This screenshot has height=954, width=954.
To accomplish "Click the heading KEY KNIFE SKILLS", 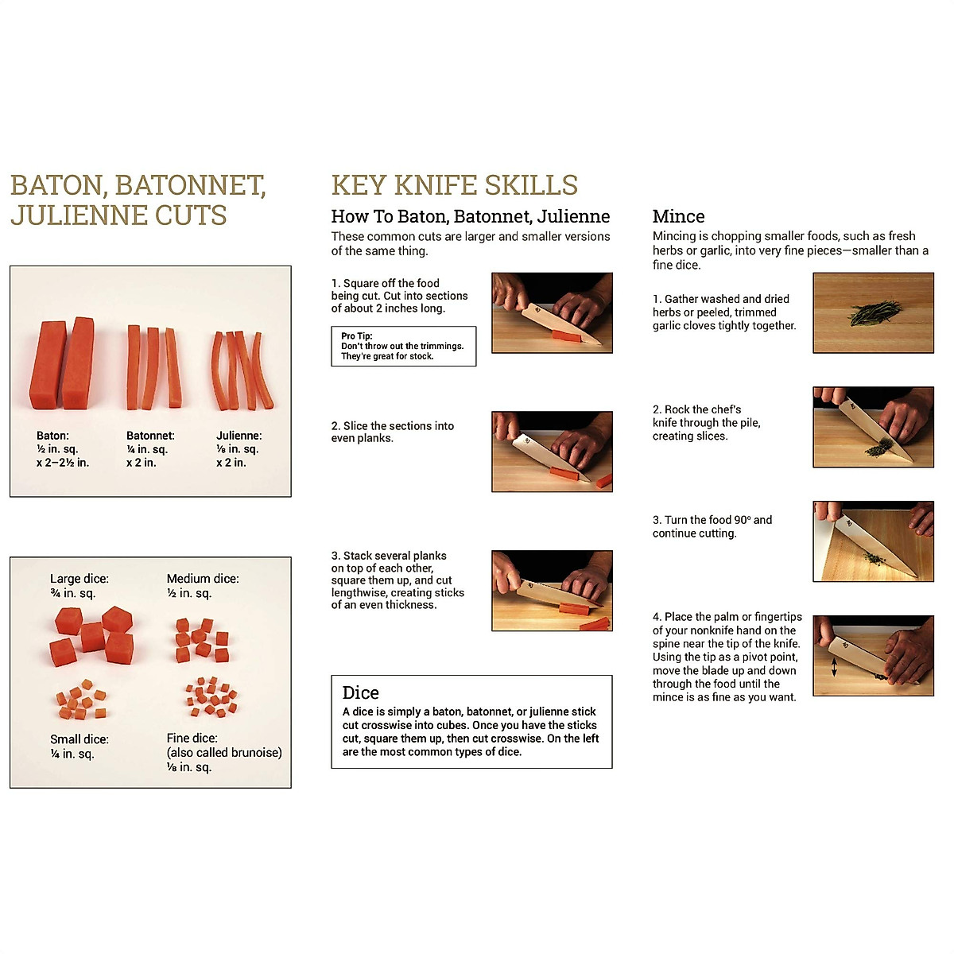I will (x=454, y=185).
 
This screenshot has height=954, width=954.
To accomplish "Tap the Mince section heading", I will (x=678, y=216).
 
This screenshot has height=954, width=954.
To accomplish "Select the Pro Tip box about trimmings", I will (x=403, y=346).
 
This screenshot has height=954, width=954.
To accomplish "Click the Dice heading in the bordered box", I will (x=360, y=692).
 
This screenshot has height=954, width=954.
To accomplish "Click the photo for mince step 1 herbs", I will (x=873, y=313).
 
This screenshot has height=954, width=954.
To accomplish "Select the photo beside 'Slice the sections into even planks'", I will (x=552, y=452).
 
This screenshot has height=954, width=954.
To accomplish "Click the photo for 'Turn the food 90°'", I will (x=873, y=541).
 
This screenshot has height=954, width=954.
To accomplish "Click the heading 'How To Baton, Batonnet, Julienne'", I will (x=470, y=216).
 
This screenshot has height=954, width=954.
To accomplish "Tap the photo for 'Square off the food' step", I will (x=552, y=313).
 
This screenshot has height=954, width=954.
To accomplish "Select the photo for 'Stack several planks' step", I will (x=552, y=591).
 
